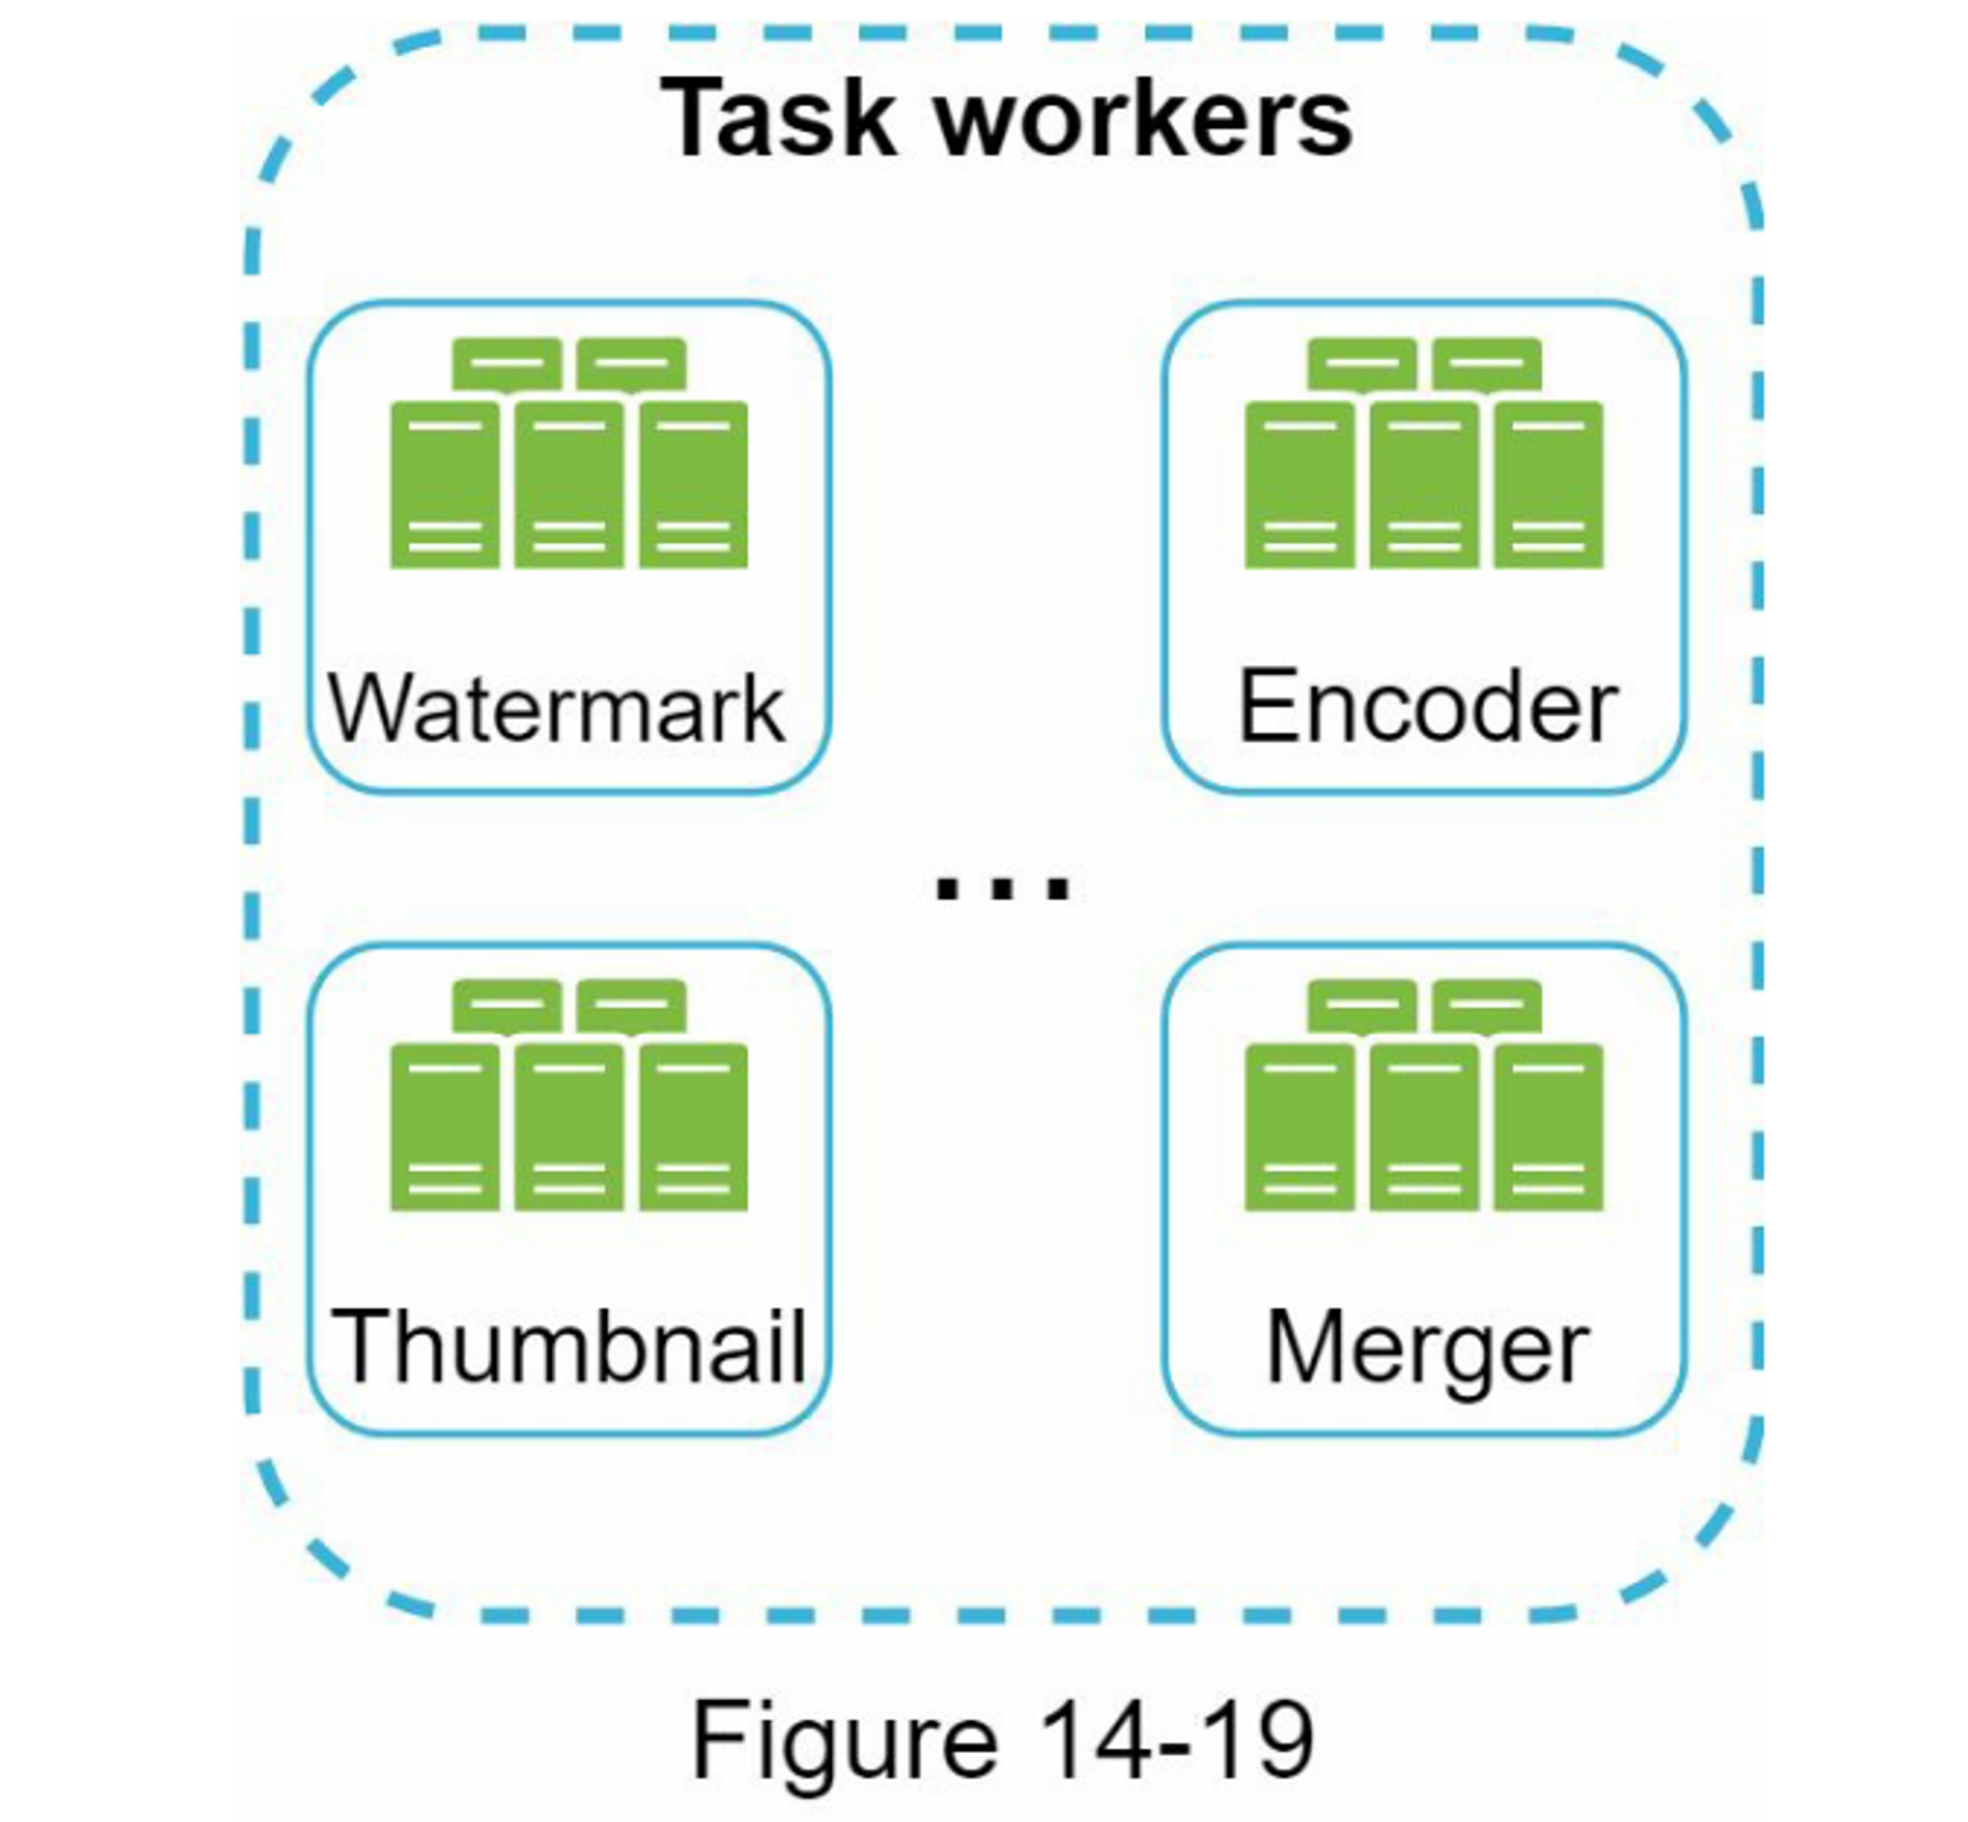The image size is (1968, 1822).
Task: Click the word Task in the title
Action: pyautogui.click(x=778, y=118)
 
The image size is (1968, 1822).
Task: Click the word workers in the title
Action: pyautogui.click(x=1142, y=120)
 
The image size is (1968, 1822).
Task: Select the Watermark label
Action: pyautogui.click(x=557, y=708)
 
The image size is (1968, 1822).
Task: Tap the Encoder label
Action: pyautogui.click(x=1427, y=706)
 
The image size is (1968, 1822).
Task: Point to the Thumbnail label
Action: pyautogui.click(x=570, y=1347)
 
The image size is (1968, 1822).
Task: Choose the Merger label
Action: pyautogui.click(x=1427, y=1349)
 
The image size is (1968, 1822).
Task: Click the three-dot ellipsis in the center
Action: pyautogui.click(x=1002, y=887)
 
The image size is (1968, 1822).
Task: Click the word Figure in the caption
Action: pyautogui.click(x=845, y=1741)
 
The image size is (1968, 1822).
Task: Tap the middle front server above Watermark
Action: pyautogui.click(x=569, y=484)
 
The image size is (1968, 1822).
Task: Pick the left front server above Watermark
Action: pyautogui.click(x=445, y=484)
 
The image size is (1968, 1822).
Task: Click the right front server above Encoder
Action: pyautogui.click(x=1548, y=484)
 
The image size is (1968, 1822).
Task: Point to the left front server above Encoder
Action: pyautogui.click(x=1300, y=484)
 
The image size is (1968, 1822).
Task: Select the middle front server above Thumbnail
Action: pyautogui.click(x=569, y=1125)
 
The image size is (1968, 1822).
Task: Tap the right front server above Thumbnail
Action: pyautogui.click(x=693, y=1125)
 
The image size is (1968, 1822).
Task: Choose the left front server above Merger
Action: pyautogui.click(x=1300, y=1125)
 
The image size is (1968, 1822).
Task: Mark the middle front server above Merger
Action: pyautogui.click(x=1424, y=1125)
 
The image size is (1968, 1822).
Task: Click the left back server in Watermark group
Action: pyautogui.click(x=507, y=364)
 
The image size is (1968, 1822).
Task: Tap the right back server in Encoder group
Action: pyautogui.click(x=1487, y=364)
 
